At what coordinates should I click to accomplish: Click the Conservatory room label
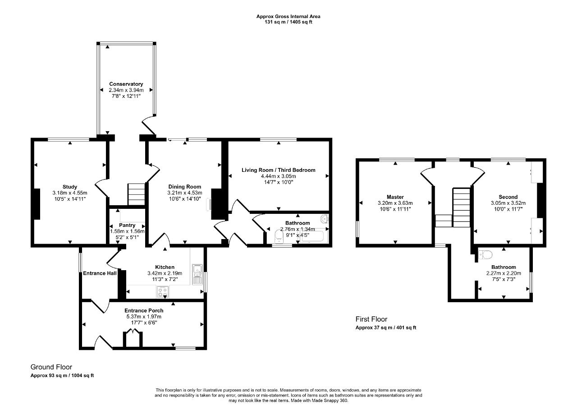(126, 84)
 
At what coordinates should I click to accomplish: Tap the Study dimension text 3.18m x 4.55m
(70, 193)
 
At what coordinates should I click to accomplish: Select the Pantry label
(127, 225)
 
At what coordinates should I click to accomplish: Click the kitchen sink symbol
(197, 274)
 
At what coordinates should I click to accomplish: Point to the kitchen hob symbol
(163, 292)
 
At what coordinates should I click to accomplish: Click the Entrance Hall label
(100, 273)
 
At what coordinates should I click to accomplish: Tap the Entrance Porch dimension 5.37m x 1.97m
(144, 317)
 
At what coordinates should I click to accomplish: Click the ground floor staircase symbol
(136, 194)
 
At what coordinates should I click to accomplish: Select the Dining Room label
(184, 187)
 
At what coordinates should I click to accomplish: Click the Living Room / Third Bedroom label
(278, 170)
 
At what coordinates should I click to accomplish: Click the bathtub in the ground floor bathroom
(312, 236)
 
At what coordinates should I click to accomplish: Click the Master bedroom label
(395, 197)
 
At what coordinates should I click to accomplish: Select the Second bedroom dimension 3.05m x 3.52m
(508, 203)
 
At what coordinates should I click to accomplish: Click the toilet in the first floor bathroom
(485, 255)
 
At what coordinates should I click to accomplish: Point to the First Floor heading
(371, 319)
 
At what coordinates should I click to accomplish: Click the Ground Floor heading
(51, 367)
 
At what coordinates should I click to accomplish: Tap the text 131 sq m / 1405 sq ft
(288, 22)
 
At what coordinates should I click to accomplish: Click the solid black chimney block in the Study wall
(37, 204)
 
